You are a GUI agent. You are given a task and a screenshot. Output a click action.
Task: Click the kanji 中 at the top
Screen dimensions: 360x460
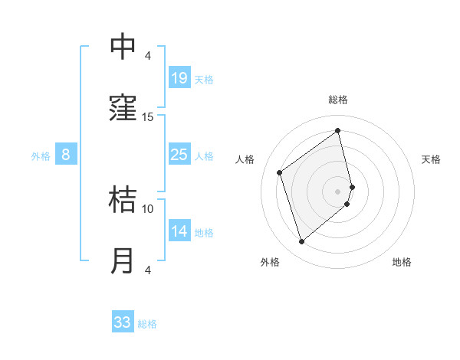pyautogui.click(x=123, y=47)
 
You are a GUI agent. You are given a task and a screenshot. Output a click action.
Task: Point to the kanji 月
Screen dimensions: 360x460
pyautogui.click(x=123, y=261)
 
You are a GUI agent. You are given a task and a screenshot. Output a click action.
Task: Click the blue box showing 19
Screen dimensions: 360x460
pyautogui.click(x=179, y=77)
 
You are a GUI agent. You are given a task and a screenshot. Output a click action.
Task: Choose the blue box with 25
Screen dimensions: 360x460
pyautogui.click(x=179, y=155)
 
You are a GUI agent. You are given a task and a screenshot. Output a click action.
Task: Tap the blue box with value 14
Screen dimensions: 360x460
pyautogui.click(x=179, y=231)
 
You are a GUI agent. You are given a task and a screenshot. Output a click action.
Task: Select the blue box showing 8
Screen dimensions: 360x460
pyautogui.click(x=66, y=155)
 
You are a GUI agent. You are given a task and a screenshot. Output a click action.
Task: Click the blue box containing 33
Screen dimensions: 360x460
pyautogui.click(x=123, y=322)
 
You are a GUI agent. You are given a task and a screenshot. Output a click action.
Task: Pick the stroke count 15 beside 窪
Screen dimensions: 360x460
pyautogui.click(x=148, y=116)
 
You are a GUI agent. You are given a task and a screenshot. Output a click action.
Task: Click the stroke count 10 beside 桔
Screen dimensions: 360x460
pyautogui.click(x=148, y=208)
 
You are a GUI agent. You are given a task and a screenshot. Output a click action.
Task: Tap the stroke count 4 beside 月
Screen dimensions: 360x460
pyautogui.click(x=148, y=270)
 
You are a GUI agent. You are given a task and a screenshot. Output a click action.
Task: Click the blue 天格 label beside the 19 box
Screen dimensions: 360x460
pyautogui.click(x=204, y=79)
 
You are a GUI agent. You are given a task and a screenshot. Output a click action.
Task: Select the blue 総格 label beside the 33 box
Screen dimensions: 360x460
pyautogui.click(x=147, y=324)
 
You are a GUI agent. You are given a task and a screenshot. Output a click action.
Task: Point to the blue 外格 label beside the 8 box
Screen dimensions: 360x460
pyautogui.click(x=41, y=156)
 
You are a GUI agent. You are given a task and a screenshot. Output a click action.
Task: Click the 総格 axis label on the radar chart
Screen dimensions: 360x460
pyautogui.click(x=338, y=100)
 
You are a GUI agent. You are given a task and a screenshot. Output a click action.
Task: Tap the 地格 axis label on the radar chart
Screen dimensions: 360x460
pyautogui.click(x=402, y=262)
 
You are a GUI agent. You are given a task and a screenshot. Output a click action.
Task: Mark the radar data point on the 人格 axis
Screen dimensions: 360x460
pyautogui.click(x=280, y=172)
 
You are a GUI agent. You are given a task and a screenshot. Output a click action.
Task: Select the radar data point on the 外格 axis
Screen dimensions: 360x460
pyautogui.click(x=301, y=242)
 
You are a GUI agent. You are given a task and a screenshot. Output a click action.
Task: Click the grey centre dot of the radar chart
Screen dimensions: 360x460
pyautogui.click(x=338, y=191)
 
